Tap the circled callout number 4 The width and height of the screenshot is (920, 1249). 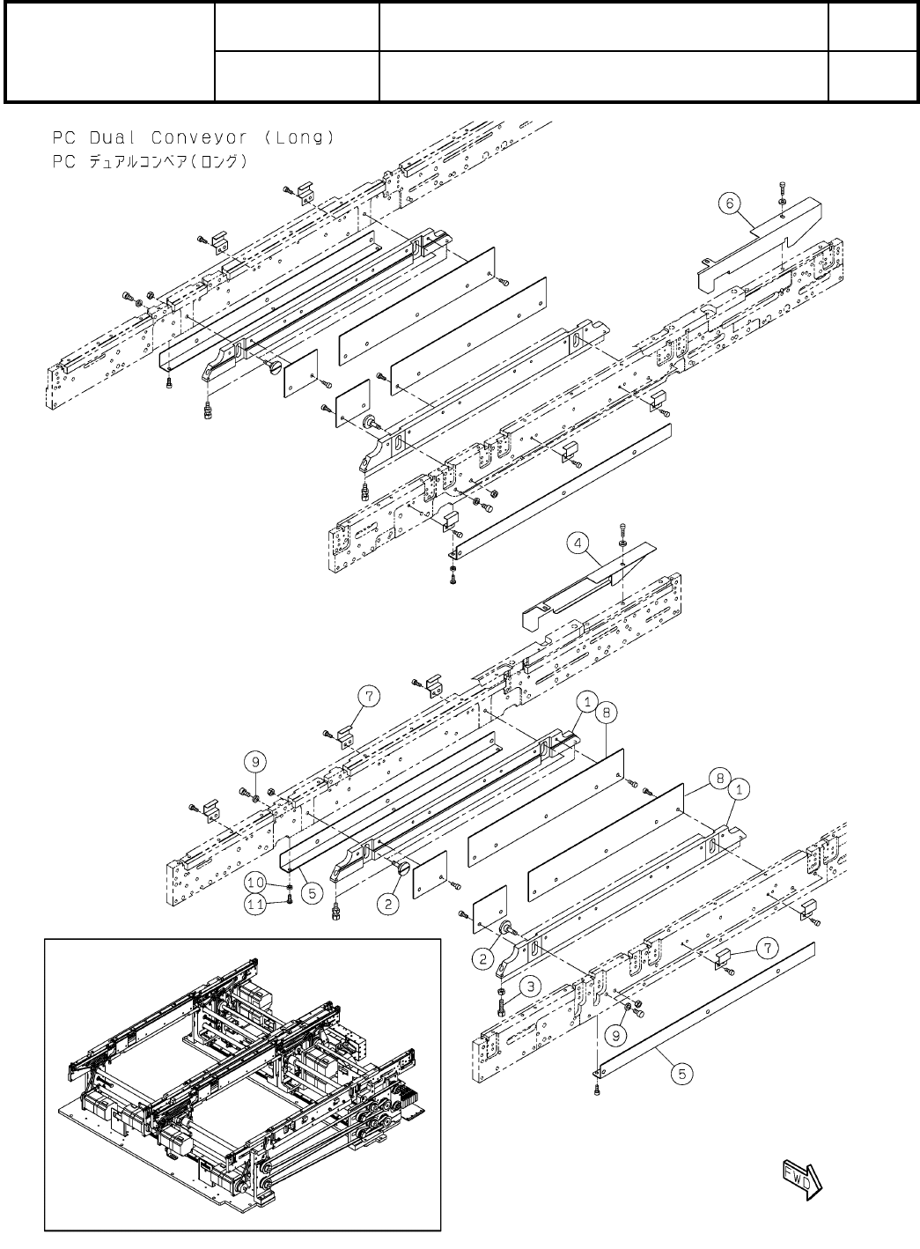point(578,544)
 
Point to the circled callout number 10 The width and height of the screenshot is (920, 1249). point(256,883)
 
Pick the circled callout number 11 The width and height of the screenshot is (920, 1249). point(256,902)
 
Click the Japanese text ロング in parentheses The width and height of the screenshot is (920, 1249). point(213,162)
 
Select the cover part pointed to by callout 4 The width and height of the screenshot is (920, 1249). point(590,586)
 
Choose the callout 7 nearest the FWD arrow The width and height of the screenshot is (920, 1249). point(768,948)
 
